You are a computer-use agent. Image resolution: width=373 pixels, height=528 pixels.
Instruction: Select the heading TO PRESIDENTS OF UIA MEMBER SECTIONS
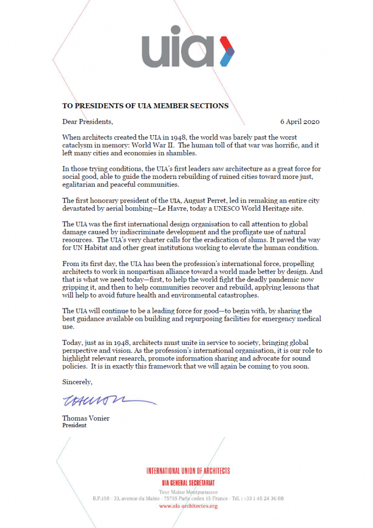145,106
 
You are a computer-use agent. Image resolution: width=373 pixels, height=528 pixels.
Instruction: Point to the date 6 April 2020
300,122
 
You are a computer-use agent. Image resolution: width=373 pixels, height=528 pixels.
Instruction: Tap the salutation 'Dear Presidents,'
87,122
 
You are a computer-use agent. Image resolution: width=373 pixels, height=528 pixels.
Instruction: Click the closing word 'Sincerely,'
77,382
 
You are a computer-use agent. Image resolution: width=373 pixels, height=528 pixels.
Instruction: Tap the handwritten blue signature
108,400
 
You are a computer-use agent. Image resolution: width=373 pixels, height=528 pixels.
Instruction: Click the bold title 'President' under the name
74,425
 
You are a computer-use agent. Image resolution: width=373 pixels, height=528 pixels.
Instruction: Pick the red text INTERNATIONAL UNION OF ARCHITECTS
188,471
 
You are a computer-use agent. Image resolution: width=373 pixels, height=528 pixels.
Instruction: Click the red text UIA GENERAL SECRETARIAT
188,483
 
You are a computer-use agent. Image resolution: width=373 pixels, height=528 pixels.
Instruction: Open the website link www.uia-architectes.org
188,506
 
